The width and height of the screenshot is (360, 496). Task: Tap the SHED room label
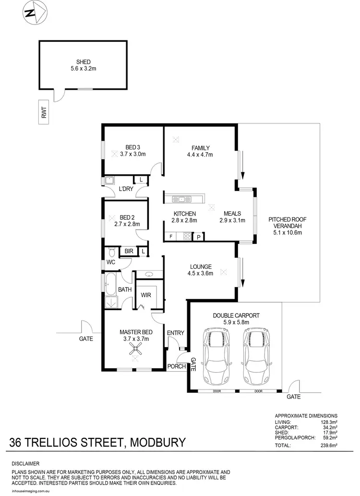tap(84, 62)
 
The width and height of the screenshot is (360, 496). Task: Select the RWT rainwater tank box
tap(44, 112)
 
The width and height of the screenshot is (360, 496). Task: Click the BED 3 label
tap(132, 147)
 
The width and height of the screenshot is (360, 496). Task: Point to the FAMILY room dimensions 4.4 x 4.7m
tap(200, 155)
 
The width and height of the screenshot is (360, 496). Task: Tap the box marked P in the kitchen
tap(198, 237)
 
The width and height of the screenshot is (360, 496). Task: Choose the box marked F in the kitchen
tap(170, 237)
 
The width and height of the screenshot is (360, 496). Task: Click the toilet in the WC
tap(111, 252)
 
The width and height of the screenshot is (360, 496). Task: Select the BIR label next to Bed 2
tap(129, 251)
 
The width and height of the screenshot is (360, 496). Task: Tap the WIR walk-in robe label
tap(146, 295)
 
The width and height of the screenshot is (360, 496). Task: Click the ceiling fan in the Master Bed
tap(136, 352)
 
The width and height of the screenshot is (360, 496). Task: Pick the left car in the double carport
tap(216, 354)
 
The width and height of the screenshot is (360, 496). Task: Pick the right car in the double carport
tap(255, 354)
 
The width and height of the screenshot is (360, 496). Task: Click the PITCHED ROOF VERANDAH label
tap(287, 226)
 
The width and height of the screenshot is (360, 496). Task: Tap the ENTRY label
tap(175, 333)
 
